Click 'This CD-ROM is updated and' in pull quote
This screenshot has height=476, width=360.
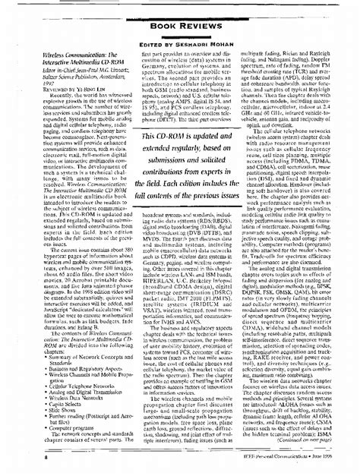tap(179, 136)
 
